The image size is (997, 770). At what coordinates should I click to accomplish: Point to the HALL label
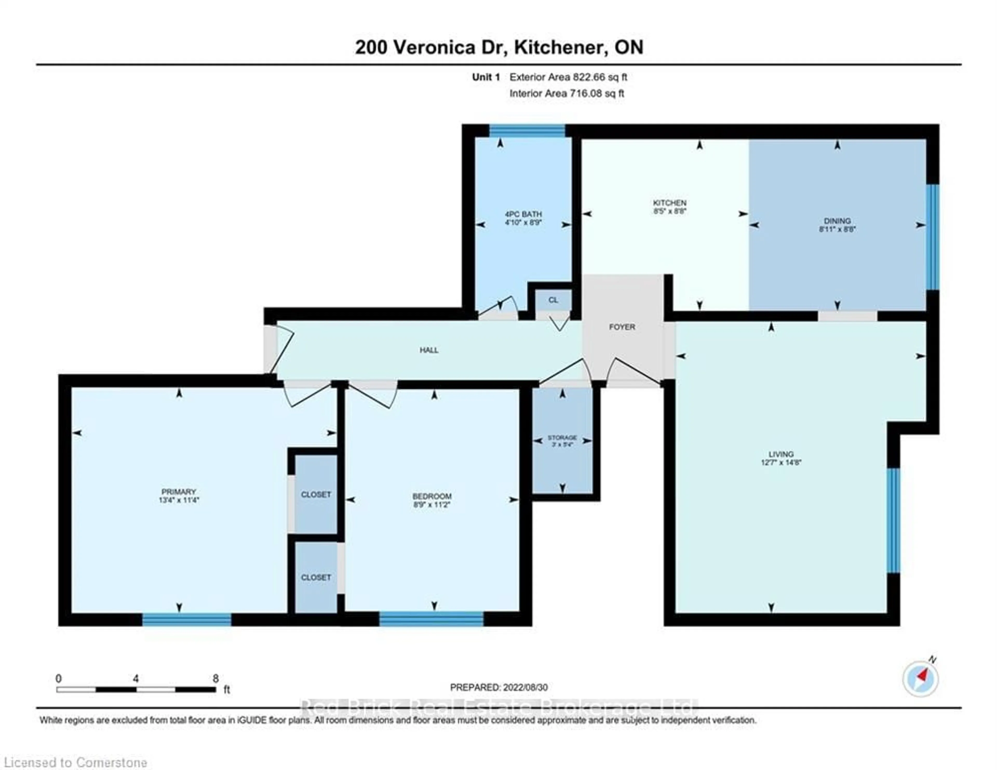coord(429,350)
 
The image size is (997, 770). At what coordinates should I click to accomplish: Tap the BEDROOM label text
coord(432,496)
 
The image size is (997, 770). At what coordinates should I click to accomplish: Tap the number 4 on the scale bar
coord(136,679)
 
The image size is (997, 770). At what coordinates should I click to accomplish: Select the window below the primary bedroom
coord(187,619)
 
